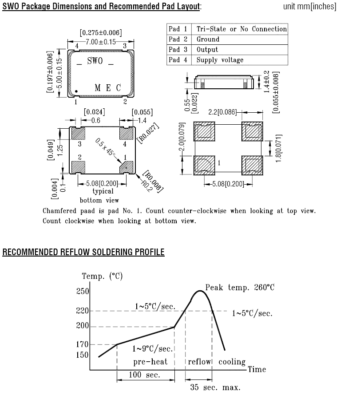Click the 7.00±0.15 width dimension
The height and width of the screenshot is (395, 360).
click(100, 42)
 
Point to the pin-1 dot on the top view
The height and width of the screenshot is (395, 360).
click(76, 91)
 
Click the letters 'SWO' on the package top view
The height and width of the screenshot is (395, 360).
click(95, 61)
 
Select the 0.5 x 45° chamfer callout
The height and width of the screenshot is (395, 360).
click(105, 147)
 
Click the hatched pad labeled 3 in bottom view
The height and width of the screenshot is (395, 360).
click(78, 133)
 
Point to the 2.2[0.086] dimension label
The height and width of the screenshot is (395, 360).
click(222, 112)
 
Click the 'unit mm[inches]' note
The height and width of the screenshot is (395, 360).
click(309, 7)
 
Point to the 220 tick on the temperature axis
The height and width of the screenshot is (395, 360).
click(83, 311)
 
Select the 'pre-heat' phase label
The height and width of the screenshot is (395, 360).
click(151, 362)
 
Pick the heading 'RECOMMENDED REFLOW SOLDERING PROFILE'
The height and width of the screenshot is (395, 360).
click(83, 252)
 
